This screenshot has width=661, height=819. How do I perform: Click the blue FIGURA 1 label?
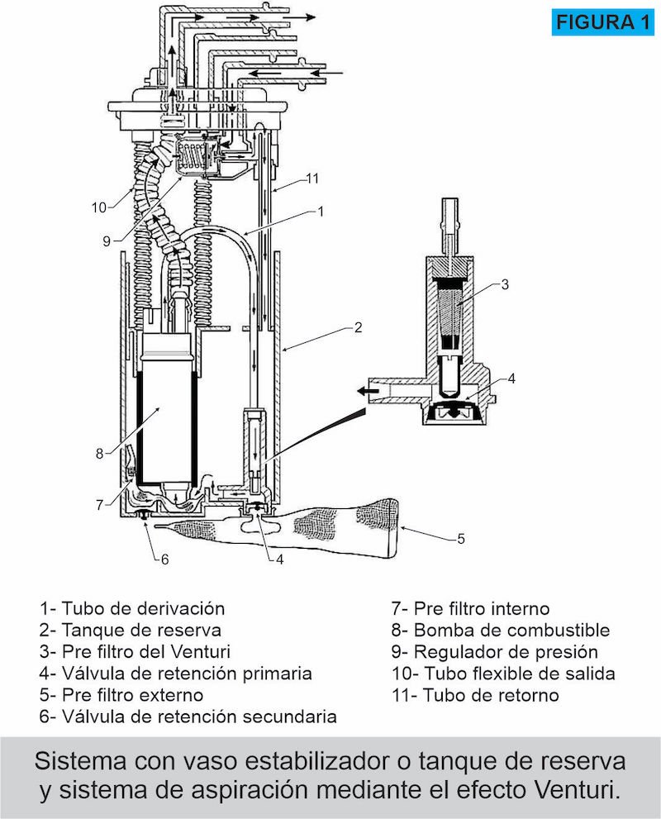pos(601,22)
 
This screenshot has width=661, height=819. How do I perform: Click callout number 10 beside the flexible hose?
pos(98,207)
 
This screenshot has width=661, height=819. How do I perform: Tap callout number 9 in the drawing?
pos(107,242)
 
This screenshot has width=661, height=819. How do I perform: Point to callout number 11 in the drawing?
pos(311,178)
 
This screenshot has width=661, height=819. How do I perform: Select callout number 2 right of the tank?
pos(358,327)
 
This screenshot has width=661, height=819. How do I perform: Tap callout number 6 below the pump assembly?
pos(164,559)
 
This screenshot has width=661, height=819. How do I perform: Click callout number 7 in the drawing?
pos(101,503)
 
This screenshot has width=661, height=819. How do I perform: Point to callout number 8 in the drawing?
pos(99,453)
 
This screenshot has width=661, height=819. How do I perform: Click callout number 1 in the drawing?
pos(320,212)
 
